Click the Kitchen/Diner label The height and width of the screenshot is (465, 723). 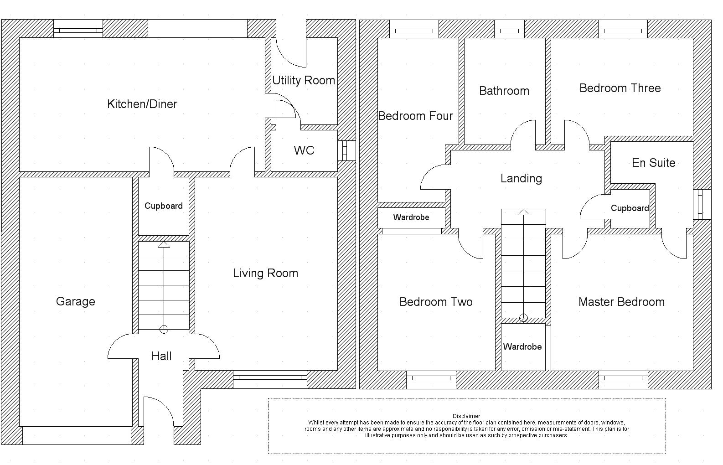[142, 104]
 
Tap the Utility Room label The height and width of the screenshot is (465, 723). [304, 80]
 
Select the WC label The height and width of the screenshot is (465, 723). [304, 150]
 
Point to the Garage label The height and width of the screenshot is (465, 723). [76, 301]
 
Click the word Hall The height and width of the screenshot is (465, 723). [161, 356]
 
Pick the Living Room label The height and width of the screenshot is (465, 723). [265, 273]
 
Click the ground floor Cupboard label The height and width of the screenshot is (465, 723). [164, 206]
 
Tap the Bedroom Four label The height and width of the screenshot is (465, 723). [415, 116]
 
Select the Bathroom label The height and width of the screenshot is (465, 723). [504, 91]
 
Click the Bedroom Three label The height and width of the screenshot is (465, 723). [620, 88]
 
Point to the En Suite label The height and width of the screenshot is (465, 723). [653, 163]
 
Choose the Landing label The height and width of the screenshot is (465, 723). [521, 178]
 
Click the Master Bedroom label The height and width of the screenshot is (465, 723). [621, 302]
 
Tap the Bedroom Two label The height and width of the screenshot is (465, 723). [436, 302]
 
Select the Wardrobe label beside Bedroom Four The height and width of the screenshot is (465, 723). [411, 217]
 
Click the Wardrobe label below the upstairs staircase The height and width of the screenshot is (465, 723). [522, 346]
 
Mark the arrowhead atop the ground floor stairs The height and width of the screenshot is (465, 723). [164, 245]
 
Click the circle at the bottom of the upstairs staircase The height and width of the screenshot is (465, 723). [523, 318]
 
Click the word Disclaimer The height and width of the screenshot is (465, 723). [466, 416]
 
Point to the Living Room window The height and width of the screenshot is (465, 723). [270, 377]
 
